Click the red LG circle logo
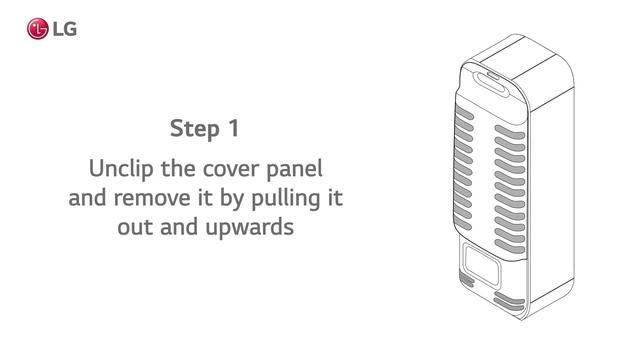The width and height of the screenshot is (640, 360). [x=38, y=29]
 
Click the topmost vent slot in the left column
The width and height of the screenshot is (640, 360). [x=467, y=114]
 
